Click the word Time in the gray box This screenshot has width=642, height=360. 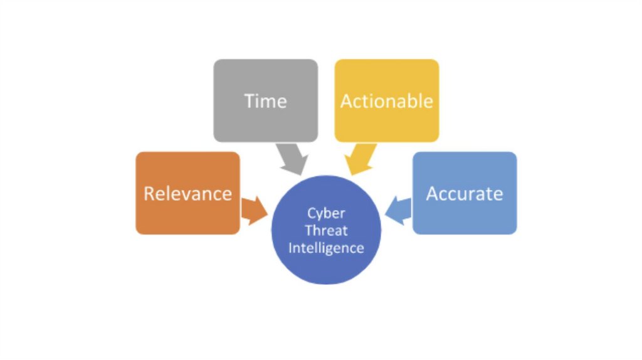pyautogui.click(x=266, y=101)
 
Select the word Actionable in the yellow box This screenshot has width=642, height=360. pyautogui.click(x=387, y=101)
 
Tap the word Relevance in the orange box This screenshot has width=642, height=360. pyautogui.click(x=187, y=193)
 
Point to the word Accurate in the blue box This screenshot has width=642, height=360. pyautogui.click(x=465, y=193)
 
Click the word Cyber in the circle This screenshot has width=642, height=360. pyautogui.click(x=326, y=213)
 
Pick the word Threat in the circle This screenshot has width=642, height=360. pyautogui.click(x=326, y=230)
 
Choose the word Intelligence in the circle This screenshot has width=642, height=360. pyautogui.click(x=326, y=247)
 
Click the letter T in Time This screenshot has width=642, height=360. pyautogui.click(x=250, y=101)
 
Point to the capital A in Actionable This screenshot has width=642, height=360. pyautogui.click(x=346, y=101)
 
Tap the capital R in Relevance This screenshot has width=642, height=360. pyautogui.click(x=149, y=193)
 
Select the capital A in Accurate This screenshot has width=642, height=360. pyautogui.click(x=432, y=193)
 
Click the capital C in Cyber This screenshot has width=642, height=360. pyautogui.click(x=311, y=213)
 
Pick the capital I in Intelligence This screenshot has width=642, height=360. pyautogui.click(x=290, y=247)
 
